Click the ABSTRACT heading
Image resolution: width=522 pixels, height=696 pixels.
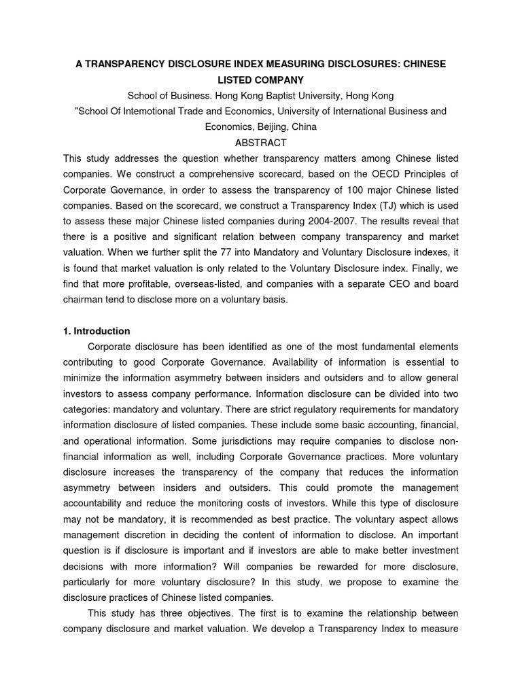(260, 143)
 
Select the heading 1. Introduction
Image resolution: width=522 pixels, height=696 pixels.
(96, 331)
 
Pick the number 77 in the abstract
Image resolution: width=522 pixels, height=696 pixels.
(213, 252)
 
